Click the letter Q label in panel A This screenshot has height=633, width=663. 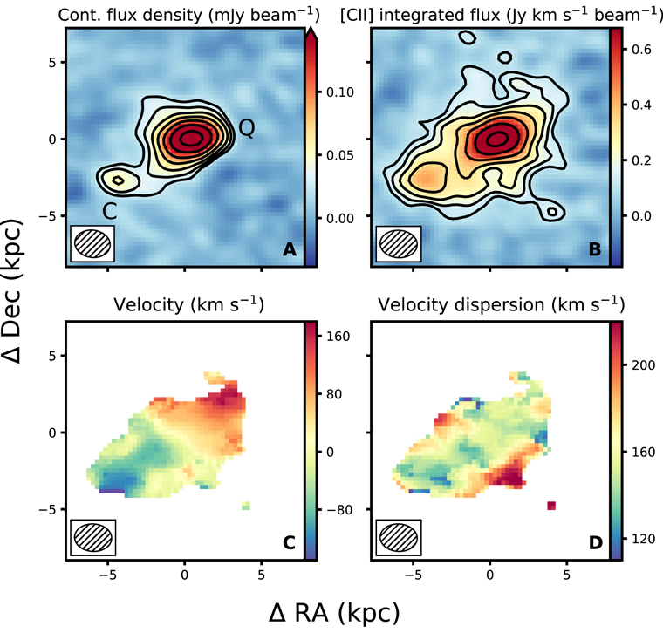click(248, 127)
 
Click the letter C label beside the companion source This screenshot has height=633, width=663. click(110, 211)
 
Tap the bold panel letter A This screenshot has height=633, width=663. click(290, 249)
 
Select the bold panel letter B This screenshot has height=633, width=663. click(595, 249)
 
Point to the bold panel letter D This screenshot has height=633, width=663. click(595, 543)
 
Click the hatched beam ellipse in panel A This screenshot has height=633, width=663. click(92, 243)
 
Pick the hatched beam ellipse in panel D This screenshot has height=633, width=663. click(399, 537)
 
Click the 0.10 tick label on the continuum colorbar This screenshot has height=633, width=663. click(340, 92)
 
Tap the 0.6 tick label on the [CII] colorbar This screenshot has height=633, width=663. click(641, 50)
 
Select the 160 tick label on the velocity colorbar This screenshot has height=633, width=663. click(338, 337)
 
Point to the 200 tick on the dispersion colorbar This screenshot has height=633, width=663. click(643, 365)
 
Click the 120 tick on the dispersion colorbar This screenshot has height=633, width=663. click(643, 539)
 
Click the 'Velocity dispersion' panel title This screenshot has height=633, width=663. click(501, 304)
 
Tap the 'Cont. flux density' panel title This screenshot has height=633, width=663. click(189, 15)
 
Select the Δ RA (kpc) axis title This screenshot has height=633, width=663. click(334, 613)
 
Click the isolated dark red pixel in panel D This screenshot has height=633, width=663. click(551, 506)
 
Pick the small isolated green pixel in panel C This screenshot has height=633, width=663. click(246, 506)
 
